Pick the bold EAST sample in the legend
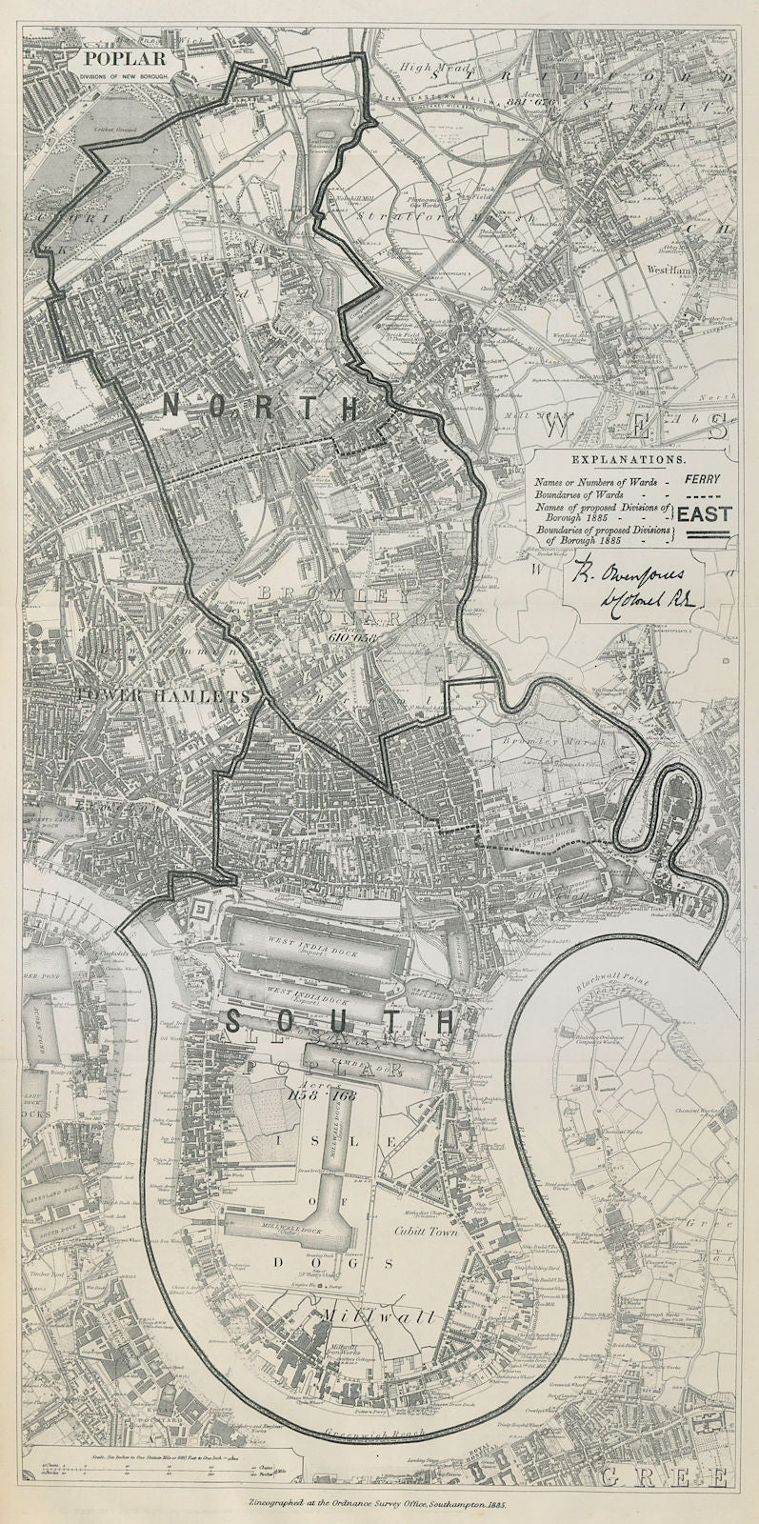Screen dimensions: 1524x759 pyautogui.click(x=705, y=514)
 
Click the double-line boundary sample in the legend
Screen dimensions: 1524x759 pyautogui.click(x=705, y=537)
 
